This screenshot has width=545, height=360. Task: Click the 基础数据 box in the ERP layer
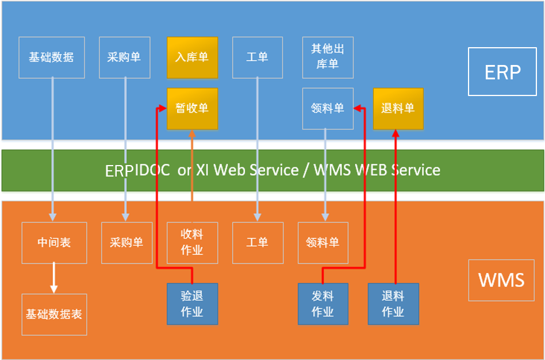pos(52,58)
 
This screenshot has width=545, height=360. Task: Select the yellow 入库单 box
pos(192,58)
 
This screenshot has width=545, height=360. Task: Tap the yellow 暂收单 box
pos(192,108)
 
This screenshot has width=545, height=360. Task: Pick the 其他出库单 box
pos(328,58)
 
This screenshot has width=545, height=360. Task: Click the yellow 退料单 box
pos(398,108)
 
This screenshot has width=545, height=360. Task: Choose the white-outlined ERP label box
pos(502,72)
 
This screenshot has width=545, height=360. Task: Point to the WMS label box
pos(501,280)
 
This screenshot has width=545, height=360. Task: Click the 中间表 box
pos(54,243)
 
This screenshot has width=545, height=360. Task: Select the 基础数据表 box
pos(54,315)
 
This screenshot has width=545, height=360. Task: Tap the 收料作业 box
pos(192,243)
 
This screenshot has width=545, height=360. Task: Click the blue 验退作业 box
pos(192,304)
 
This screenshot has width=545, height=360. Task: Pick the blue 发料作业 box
pos(323,304)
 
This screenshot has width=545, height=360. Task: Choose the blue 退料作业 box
pos(393,304)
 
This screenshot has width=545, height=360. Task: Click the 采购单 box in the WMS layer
pos(126,243)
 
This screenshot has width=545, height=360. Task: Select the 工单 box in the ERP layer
pos(257,58)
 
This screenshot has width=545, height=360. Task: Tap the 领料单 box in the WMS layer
pos(323,243)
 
